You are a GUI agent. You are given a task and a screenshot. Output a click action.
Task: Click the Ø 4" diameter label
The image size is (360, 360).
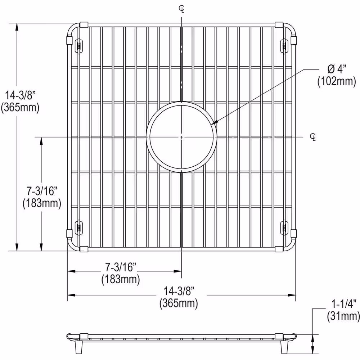tap(336, 68)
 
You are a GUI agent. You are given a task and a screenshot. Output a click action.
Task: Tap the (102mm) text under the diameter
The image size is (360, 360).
tap(336, 81)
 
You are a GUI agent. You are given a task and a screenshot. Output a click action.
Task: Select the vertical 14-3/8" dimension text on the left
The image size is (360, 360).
tap(20, 95)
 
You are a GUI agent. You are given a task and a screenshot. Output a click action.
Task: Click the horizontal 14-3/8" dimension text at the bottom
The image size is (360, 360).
tap(179, 290)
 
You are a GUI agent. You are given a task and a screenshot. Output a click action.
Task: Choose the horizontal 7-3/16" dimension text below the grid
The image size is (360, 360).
tap(121, 267)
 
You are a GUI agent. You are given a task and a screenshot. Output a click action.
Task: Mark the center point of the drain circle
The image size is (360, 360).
tap(182, 137)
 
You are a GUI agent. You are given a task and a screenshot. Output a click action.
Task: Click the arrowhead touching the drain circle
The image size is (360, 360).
tap(214, 123)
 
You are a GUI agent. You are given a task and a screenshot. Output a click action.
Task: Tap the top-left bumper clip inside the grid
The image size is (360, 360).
tap(78, 46)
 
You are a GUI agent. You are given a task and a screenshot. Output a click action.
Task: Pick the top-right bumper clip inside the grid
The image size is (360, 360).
tap(285, 46)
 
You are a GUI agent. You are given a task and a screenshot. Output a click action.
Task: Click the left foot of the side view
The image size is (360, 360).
tap(79, 348)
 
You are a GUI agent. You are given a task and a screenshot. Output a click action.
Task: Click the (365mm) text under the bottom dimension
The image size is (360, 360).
tap(179, 303)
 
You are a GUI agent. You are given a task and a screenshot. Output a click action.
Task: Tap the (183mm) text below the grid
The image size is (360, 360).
tap(121, 279)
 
